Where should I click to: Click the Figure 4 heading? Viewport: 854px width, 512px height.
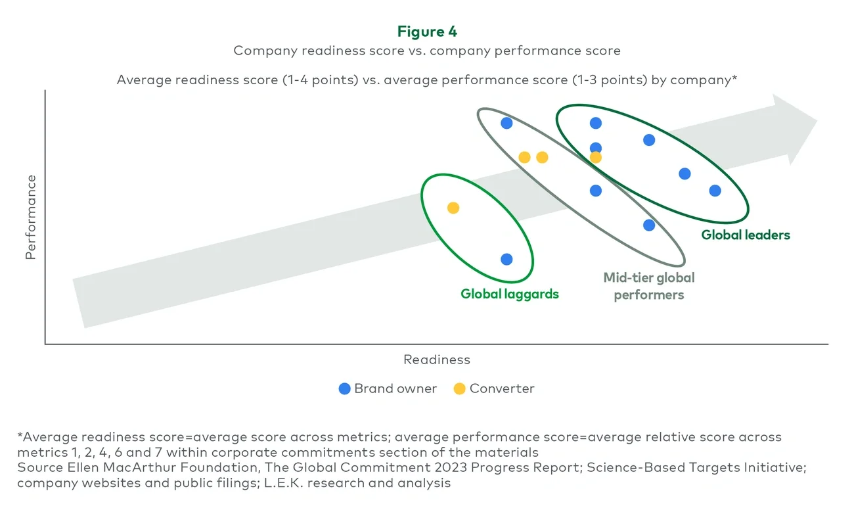(427, 32)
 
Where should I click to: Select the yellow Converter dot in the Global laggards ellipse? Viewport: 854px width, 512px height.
(453, 208)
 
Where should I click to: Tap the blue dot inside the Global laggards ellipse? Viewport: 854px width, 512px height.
(506, 259)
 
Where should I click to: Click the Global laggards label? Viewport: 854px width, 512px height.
(509, 294)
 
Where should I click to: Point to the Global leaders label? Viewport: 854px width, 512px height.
(745, 235)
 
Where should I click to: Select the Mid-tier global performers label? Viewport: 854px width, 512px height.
(648, 286)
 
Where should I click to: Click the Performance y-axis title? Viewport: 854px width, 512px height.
(31, 216)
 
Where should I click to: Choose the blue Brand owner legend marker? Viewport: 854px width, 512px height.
(344, 388)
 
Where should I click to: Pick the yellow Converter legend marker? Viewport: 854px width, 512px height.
(459, 388)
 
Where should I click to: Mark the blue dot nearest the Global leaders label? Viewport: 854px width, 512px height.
(715, 191)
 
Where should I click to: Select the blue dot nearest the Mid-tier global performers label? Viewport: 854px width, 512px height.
(648, 225)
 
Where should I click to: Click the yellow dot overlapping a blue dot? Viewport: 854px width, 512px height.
(595, 158)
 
